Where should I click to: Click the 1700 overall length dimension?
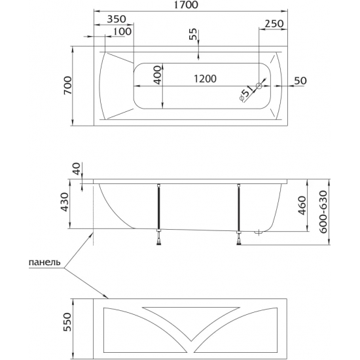tap(186, 5)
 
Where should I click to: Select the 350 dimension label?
tap(117, 19)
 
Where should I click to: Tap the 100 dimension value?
tap(122, 31)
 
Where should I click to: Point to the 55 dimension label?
tap(193, 34)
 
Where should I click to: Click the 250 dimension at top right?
tap(274, 24)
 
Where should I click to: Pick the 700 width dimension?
tap(68, 85)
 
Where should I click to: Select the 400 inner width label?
tap(158, 75)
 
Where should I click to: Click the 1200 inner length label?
tap(206, 79)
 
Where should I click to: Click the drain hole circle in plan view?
tap(259, 86)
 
